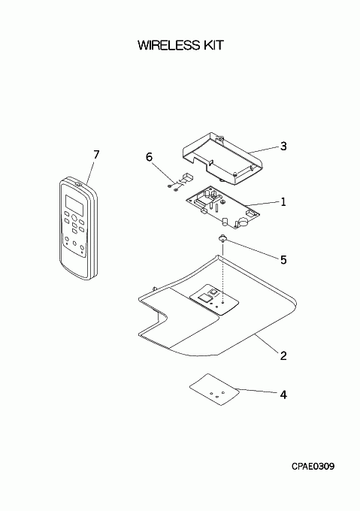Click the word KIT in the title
[x=214, y=45]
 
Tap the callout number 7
[x=96, y=155]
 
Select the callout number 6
[x=149, y=157]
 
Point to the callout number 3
[x=283, y=146]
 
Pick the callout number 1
[x=283, y=202]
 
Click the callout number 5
[x=283, y=260]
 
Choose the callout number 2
[x=283, y=355]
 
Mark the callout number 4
[x=283, y=395]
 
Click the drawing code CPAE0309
[x=313, y=467]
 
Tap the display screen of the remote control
[x=74, y=205]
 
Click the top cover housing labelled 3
[x=222, y=159]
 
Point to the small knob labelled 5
[x=222, y=238]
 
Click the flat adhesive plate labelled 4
[x=215, y=389]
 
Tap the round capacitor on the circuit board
[x=242, y=222]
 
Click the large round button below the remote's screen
[x=74, y=218]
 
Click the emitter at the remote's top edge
[x=78, y=184]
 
